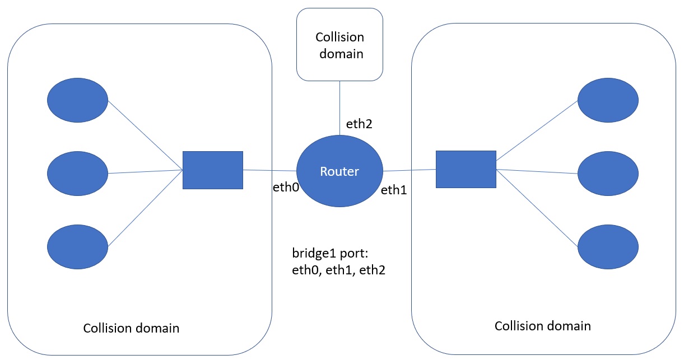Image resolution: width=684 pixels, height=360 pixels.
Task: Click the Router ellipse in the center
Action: (x=339, y=171)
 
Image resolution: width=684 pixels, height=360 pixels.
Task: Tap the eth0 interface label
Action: (x=285, y=187)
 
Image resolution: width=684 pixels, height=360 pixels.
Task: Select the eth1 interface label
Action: (x=393, y=190)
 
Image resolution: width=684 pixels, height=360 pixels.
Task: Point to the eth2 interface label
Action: (x=359, y=125)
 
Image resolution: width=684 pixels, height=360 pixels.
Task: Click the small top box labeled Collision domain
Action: (x=339, y=45)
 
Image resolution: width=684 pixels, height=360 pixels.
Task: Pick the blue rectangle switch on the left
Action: (x=213, y=170)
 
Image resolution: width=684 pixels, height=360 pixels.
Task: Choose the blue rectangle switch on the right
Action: (x=466, y=170)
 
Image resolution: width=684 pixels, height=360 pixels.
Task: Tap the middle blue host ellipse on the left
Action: (x=77, y=173)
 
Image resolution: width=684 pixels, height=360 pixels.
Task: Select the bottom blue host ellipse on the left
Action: (x=77, y=246)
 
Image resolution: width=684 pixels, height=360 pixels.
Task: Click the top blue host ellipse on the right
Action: (x=608, y=100)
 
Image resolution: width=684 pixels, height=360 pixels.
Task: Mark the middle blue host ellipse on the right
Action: (x=608, y=175)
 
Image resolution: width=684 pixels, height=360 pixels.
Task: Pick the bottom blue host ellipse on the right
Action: (x=608, y=246)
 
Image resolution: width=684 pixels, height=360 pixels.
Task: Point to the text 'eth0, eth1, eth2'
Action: (x=339, y=271)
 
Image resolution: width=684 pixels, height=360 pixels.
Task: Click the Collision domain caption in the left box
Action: (x=131, y=328)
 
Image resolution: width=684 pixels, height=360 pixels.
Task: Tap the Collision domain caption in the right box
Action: (x=542, y=326)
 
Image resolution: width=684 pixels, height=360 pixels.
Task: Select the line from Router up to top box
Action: (x=339, y=106)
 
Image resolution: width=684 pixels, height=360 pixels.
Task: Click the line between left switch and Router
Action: (x=269, y=170)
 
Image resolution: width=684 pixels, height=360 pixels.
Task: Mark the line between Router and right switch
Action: (x=410, y=170)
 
